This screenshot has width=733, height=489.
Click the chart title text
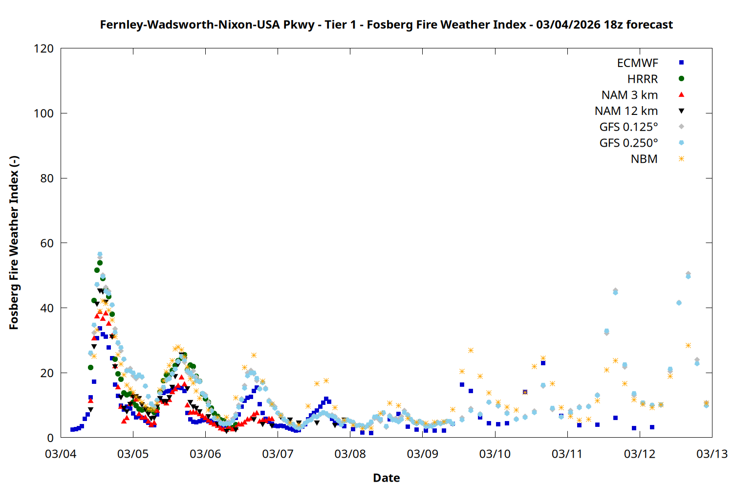coord(386,24)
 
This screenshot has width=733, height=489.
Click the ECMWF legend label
coord(637,63)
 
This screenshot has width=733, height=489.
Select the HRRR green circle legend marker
coord(681,79)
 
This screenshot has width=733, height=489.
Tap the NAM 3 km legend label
coord(629,95)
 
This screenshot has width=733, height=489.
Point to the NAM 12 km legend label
coord(626,111)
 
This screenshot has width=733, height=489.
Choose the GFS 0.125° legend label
coord(628,127)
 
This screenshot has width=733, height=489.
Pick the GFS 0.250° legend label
coord(628,143)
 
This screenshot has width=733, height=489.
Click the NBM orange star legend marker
coord(681,159)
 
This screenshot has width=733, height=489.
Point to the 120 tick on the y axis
coord(44,48)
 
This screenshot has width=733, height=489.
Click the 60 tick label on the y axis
coord(47,243)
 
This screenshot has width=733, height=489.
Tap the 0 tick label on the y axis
coord(50,438)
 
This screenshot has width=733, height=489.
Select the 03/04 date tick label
coord(61,454)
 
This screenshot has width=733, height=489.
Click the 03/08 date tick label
coord(350,454)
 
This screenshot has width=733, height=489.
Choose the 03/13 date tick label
coord(711,454)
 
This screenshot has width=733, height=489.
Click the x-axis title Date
coord(386,478)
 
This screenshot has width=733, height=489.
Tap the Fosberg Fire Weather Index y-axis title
coord(14,243)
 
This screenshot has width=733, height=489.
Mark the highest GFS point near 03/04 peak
coord(100,254)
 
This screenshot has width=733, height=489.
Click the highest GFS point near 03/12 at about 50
coord(688,274)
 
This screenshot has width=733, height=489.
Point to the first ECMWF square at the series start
coord(72,429)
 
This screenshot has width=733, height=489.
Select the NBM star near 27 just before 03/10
coord(471,350)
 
